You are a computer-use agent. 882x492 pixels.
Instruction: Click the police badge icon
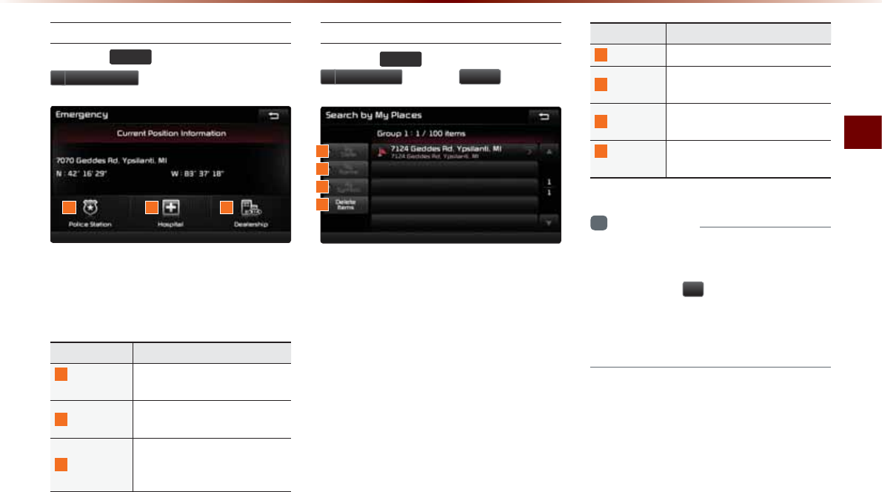pyautogui.click(x=90, y=207)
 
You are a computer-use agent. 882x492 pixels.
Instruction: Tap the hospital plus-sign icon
pyautogui.click(x=171, y=207)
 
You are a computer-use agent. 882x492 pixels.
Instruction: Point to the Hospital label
pyautogui.click(x=170, y=223)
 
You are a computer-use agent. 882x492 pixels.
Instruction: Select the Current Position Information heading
pyautogui.click(x=170, y=133)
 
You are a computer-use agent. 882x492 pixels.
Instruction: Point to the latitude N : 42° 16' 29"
pyautogui.click(x=81, y=174)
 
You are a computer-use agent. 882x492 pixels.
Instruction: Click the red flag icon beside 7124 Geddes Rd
pyautogui.click(x=381, y=152)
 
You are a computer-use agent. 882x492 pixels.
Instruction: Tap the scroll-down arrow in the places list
pyautogui.click(x=548, y=222)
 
